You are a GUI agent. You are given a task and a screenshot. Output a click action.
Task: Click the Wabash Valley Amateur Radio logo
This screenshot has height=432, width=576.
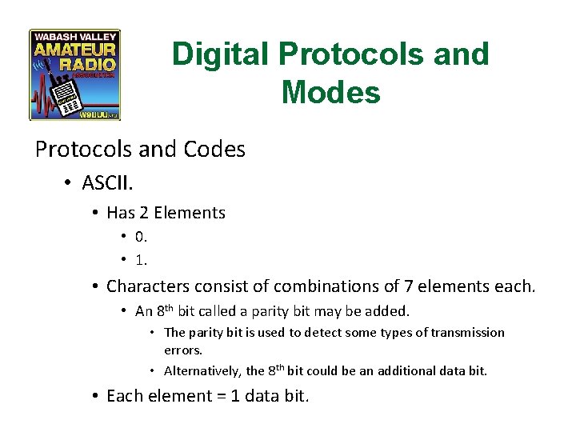click(74, 75)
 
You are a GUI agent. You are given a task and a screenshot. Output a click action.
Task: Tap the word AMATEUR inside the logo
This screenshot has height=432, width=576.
click(74, 50)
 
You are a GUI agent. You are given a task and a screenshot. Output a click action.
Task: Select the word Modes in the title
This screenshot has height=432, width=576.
click(330, 93)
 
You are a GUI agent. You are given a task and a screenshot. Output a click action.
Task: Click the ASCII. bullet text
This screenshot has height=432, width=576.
click(107, 183)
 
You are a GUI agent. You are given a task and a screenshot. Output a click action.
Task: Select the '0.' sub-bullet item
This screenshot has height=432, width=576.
click(142, 237)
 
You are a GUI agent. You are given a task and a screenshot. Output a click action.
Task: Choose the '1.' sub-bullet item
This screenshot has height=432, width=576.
click(142, 261)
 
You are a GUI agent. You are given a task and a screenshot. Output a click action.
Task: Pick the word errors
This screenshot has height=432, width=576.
click(182, 350)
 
